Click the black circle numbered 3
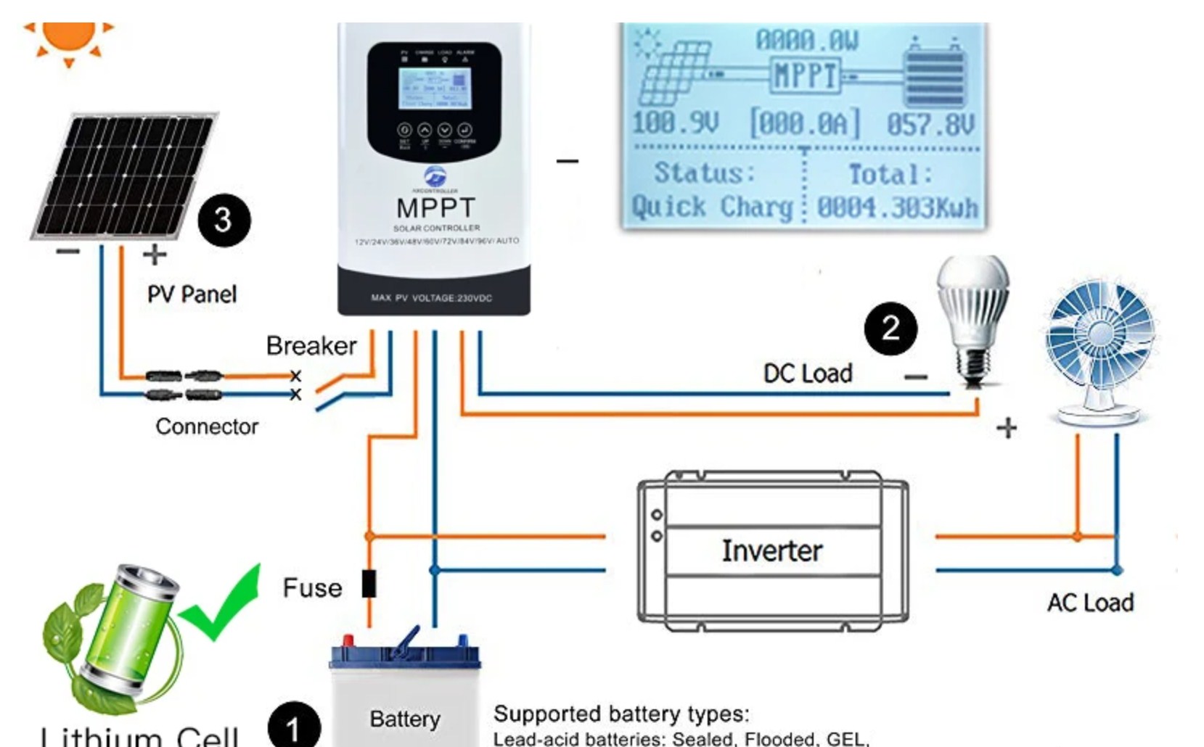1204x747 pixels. [224, 220]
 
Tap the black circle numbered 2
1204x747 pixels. [890, 329]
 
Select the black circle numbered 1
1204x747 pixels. [293, 727]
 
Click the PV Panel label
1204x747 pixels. [192, 294]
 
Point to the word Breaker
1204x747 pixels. [311, 346]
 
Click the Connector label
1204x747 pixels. [207, 426]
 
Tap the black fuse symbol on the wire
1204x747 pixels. [369, 584]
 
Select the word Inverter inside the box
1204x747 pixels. [771, 551]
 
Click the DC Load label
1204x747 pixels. [808, 373]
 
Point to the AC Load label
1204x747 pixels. [1090, 603]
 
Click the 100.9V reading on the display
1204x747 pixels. [675, 123]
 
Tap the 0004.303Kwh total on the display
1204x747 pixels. [898, 208]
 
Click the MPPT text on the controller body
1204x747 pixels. [435, 208]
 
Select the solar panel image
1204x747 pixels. [123, 176]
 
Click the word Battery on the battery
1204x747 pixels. [405, 719]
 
